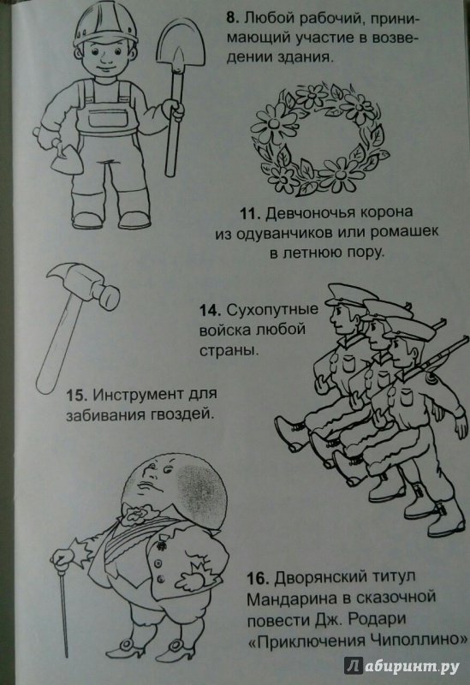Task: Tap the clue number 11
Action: pyautogui.click(x=250, y=213)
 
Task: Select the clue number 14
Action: pyautogui.click(x=209, y=310)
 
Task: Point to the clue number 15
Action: pyautogui.click(x=77, y=395)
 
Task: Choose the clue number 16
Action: pyautogui.click(x=258, y=579)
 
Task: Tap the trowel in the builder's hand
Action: pyautogui.click(x=67, y=160)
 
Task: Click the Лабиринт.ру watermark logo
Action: pyautogui.click(x=402, y=665)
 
